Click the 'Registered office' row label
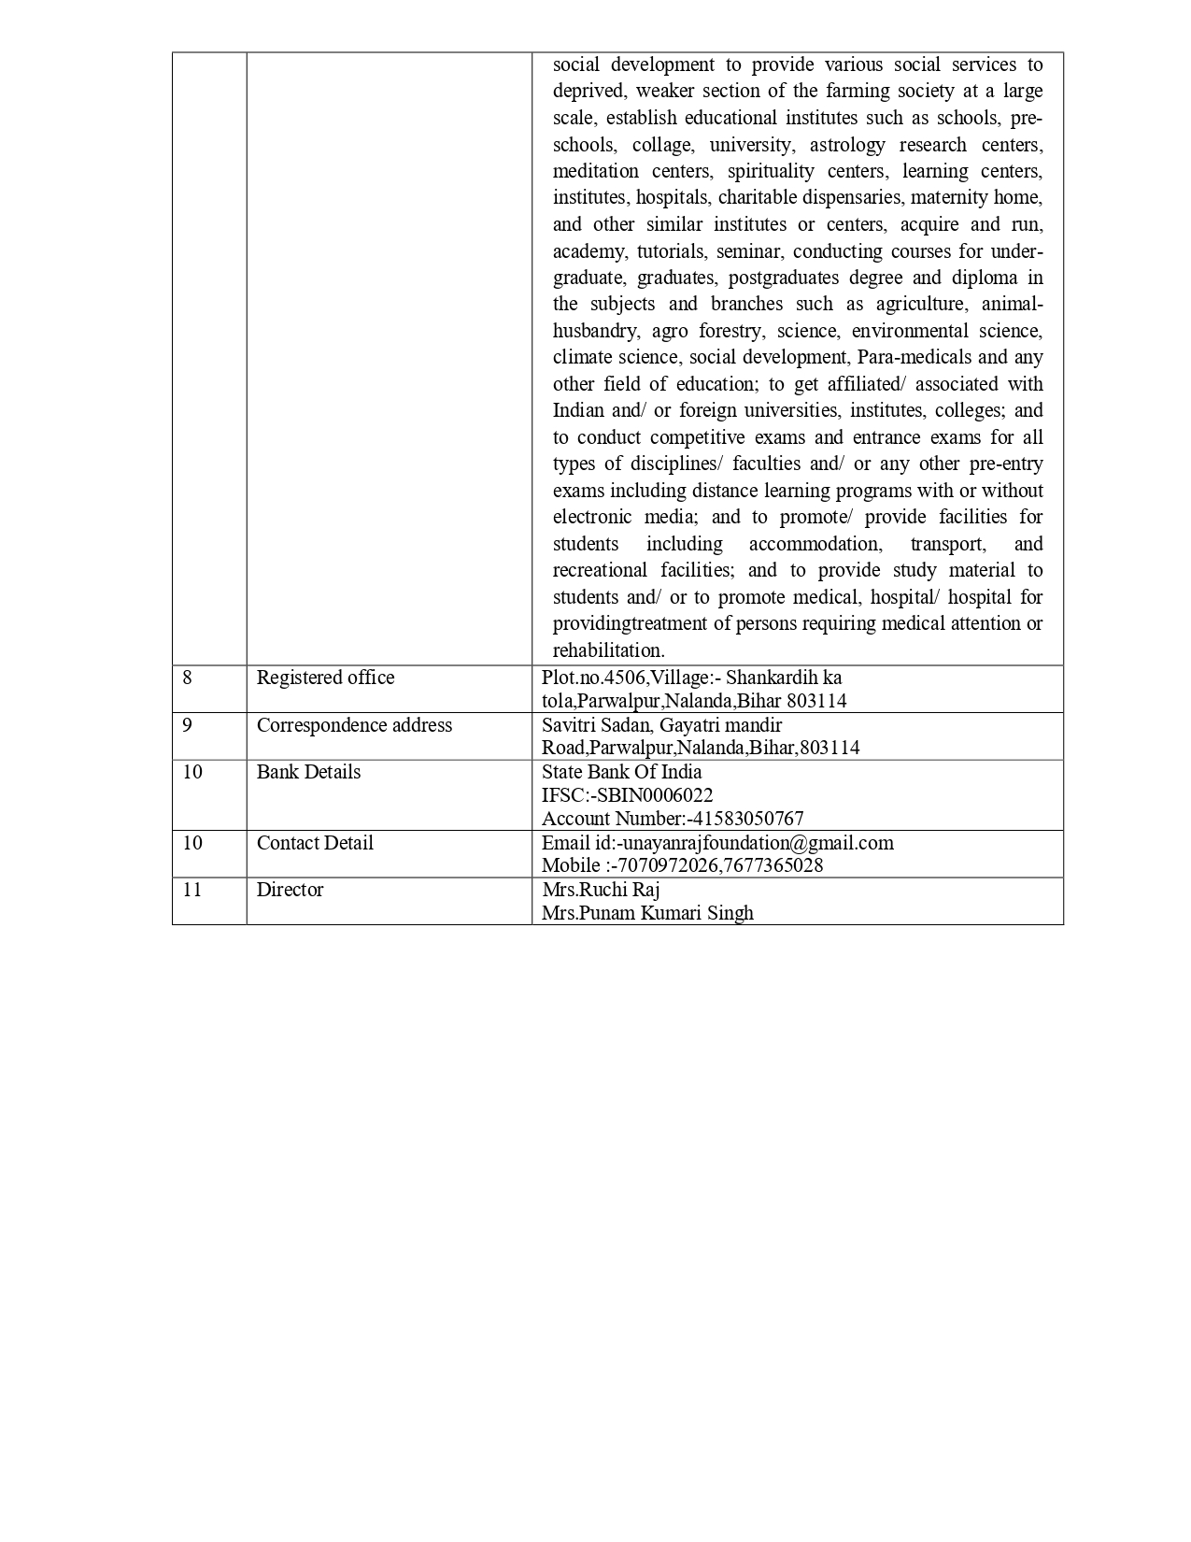325,678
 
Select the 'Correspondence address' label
354,725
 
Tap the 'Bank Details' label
308,772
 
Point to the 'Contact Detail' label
315,843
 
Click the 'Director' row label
290,890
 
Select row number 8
188,678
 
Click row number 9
188,725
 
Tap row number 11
192,890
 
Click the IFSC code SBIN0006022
653,795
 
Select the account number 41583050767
747,819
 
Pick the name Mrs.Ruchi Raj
601,890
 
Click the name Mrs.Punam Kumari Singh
647,913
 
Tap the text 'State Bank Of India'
621,772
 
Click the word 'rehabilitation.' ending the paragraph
608,650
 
